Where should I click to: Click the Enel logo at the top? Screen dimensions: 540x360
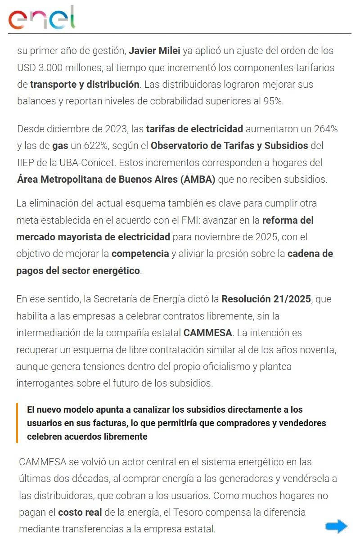pos(42,18)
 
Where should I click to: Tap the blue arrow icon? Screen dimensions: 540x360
pos(336,526)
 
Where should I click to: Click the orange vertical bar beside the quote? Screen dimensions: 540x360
pos(17,423)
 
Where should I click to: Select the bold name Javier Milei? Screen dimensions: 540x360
pos(154,51)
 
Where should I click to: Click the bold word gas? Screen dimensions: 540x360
pos(60,146)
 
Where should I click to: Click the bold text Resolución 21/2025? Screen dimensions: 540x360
pos(266,299)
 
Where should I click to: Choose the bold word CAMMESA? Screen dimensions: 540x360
pos(207,333)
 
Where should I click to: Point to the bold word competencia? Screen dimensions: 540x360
pos(140,254)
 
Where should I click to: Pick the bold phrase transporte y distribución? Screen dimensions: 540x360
pos(84,85)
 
